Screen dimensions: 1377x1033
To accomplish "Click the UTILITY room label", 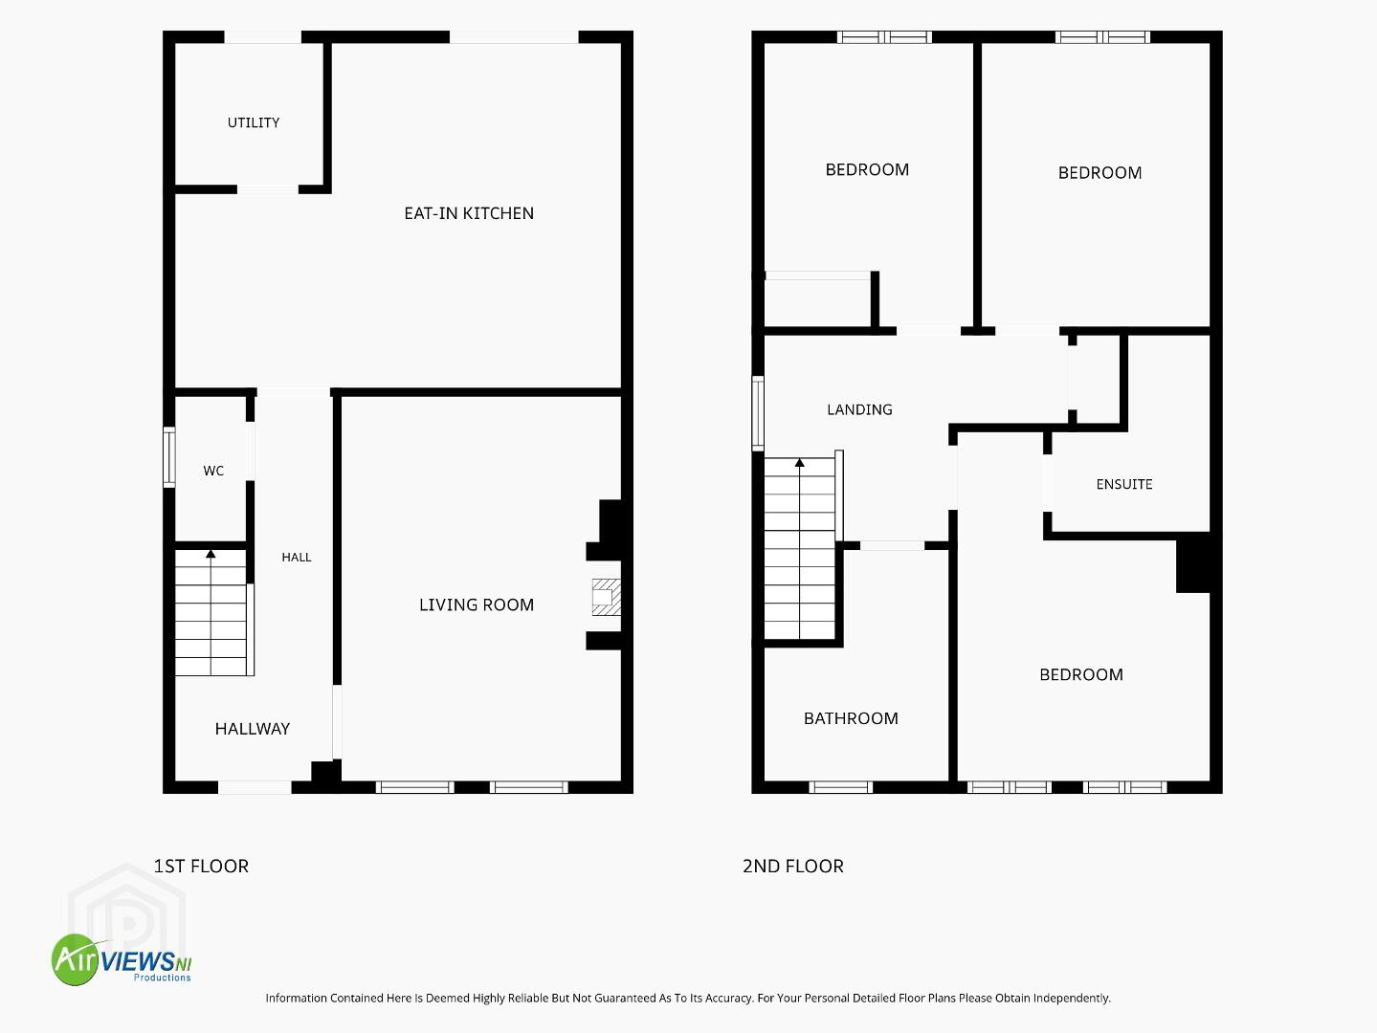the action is [254, 122].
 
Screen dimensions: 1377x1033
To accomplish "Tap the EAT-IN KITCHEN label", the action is [469, 213].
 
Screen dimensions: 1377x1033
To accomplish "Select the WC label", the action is [213, 471].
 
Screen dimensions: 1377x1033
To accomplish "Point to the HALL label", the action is [296, 558].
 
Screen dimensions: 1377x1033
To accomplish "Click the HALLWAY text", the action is [253, 729].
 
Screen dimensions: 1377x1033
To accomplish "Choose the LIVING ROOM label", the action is [477, 604].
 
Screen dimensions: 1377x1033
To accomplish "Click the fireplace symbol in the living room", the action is [606, 597].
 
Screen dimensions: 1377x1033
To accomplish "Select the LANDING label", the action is [859, 410].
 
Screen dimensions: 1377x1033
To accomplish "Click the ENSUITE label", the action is [1124, 485].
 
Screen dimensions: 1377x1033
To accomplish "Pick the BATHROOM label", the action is [851, 718].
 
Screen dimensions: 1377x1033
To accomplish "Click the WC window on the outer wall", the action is [168, 457].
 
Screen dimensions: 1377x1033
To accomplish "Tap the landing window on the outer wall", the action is [758, 414].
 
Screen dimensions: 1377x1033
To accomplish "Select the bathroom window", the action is [840, 787].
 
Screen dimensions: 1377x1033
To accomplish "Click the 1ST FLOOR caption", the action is [201, 867].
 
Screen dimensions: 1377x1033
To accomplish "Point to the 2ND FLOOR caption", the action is [793, 867].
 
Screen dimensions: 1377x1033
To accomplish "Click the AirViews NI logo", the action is [122, 959].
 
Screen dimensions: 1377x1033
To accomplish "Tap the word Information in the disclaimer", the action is [296, 998].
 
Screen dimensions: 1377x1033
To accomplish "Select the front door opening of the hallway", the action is [255, 787].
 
